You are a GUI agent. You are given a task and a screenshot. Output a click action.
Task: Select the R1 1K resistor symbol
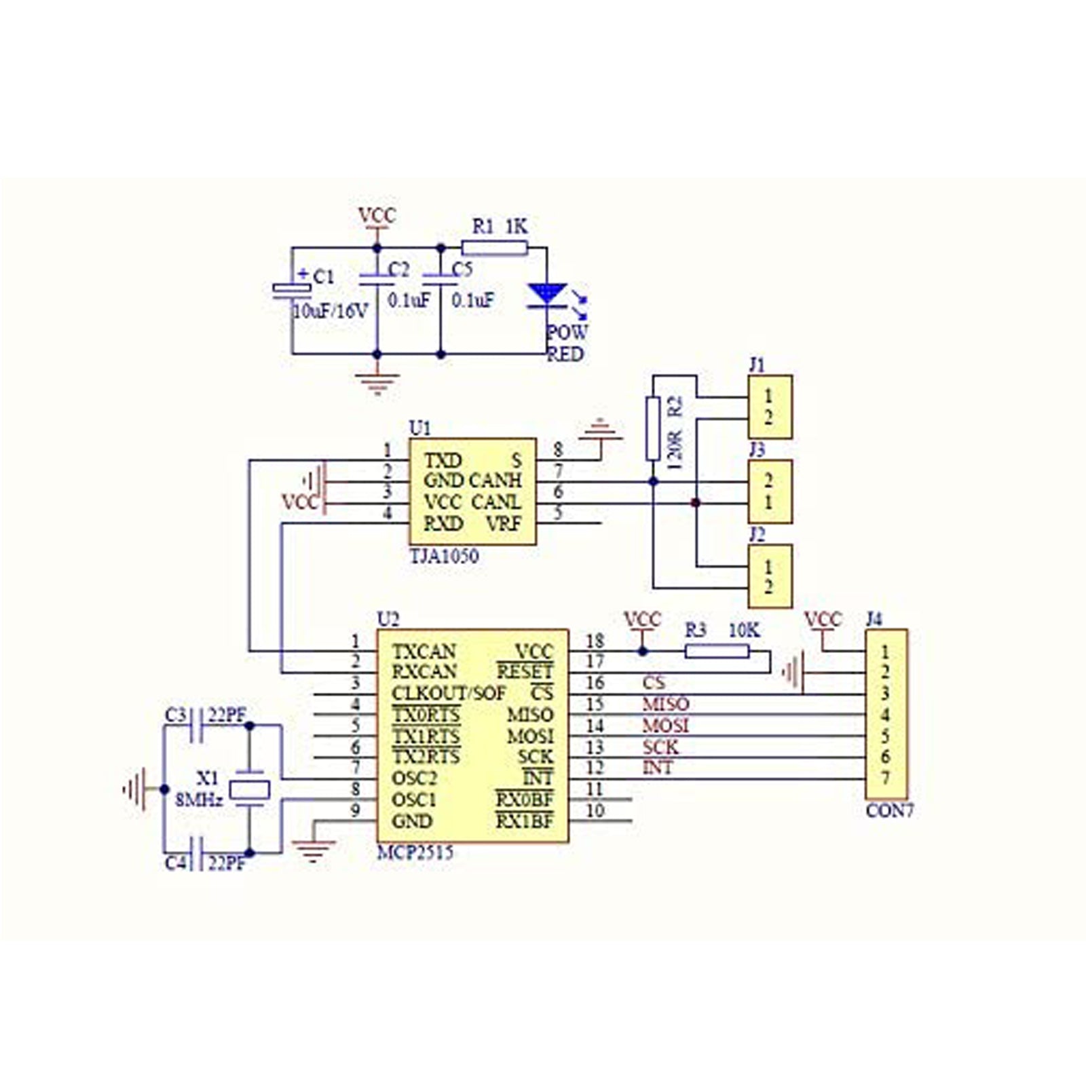point(494,248)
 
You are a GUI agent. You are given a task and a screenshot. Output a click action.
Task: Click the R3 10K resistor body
point(717,652)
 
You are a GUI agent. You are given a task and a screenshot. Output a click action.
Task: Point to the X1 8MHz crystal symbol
point(250,789)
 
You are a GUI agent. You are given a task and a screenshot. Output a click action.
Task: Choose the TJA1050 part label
point(444,557)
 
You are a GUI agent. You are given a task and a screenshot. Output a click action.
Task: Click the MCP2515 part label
point(415,853)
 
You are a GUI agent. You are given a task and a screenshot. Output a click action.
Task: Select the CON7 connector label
point(890,810)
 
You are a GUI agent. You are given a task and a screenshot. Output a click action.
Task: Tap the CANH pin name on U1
point(495,481)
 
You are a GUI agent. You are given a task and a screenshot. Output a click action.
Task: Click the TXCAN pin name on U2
point(424,652)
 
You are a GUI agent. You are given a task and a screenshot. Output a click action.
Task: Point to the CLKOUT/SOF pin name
point(449,694)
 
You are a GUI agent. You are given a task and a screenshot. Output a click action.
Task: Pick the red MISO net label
point(665,705)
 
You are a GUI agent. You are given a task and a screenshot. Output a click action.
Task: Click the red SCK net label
point(660,747)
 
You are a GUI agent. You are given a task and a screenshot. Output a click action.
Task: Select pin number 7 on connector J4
point(885,779)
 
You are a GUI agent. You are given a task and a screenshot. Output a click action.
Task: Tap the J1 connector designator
point(757,366)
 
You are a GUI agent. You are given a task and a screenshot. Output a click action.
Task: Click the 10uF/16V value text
point(330,312)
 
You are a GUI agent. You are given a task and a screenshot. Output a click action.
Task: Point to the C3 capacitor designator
point(175,715)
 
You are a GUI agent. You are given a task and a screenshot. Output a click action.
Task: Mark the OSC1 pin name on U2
point(414,800)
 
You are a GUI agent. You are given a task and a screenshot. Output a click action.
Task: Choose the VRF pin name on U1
point(503,524)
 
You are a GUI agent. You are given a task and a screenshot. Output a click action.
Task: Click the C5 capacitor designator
point(462,270)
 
